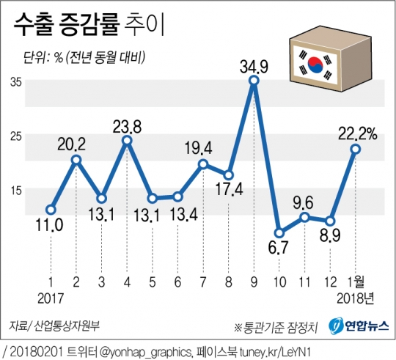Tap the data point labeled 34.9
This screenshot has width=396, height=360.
click(x=254, y=81)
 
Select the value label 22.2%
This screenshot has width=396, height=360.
click(x=357, y=133)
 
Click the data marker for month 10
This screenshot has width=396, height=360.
click(x=279, y=233)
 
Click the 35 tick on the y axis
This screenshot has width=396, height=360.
click(x=15, y=82)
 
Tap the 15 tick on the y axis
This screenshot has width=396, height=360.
click(x=15, y=191)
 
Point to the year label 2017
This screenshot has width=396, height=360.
click(x=50, y=298)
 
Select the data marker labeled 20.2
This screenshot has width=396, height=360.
click(x=76, y=159)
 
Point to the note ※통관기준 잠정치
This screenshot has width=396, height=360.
click(x=276, y=326)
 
